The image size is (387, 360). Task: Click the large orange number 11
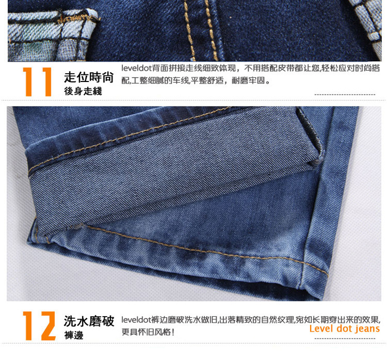(38, 82)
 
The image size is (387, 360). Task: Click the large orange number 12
(39, 326)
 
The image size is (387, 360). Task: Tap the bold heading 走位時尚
(89, 77)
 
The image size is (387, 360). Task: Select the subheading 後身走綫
(83, 91)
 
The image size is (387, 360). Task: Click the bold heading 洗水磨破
(89, 321)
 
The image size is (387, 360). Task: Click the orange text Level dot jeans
(345, 329)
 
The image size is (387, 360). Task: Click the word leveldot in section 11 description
(136, 68)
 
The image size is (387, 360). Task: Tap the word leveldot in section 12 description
(136, 320)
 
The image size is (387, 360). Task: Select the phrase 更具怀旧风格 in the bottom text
(146, 332)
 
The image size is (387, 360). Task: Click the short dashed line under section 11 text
(345, 95)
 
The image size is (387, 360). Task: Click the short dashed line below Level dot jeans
(345, 339)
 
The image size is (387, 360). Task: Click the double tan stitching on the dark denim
(200, 30)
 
